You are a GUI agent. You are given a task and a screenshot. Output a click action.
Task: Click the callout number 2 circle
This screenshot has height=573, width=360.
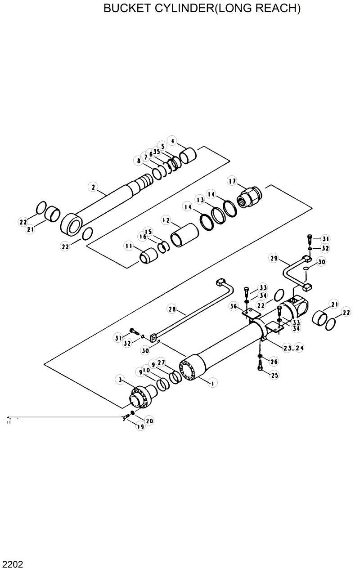93,187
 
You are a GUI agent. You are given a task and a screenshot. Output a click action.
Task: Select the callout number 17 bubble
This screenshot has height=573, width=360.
232,181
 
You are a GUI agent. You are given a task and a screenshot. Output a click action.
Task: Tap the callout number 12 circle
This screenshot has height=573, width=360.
166,220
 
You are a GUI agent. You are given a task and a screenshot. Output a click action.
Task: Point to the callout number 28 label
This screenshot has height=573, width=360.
171,309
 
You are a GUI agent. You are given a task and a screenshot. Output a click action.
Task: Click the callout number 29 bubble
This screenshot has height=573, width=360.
273,258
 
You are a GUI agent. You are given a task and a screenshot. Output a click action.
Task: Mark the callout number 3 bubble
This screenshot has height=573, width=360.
120,380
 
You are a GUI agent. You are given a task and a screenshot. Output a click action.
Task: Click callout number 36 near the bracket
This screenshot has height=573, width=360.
234,306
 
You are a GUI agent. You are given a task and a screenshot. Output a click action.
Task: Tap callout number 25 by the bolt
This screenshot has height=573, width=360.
274,374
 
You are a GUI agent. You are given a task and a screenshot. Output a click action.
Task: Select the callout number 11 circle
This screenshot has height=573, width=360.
130,246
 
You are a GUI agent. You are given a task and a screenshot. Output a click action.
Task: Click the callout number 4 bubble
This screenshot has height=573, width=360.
172,141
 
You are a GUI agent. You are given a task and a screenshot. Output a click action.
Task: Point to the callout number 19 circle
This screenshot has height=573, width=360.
141,426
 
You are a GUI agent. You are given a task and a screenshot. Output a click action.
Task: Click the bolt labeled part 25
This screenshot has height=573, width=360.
261,367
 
